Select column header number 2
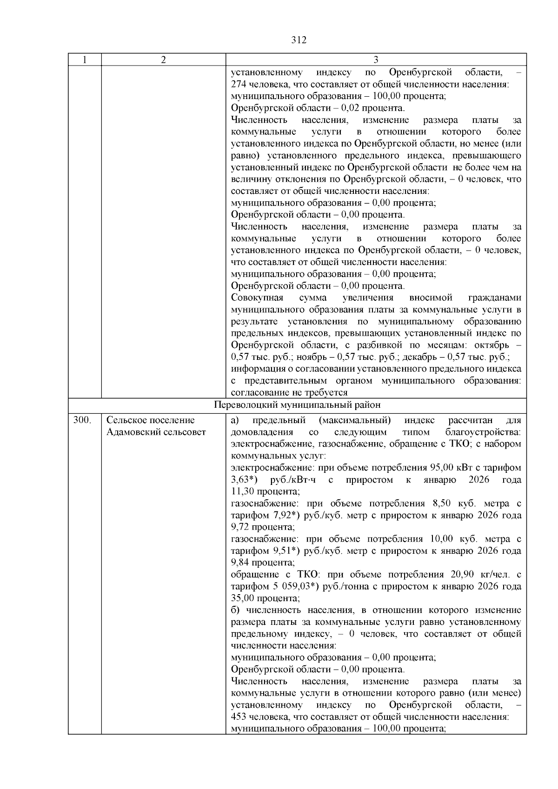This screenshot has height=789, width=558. click(163, 60)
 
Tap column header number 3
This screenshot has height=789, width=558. click(376, 60)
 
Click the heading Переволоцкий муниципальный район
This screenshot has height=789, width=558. click(297, 404)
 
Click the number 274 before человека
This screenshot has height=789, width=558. click(238, 85)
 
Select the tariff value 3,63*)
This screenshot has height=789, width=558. click(245, 479)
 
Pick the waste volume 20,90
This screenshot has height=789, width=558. click(462, 574)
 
